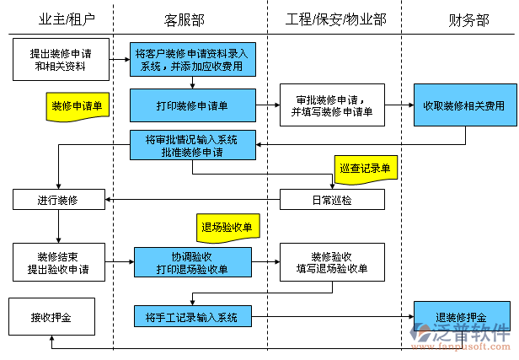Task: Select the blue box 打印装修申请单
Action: (192, 106)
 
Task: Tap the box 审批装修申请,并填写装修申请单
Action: (332, 105)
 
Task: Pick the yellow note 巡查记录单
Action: (365, 169)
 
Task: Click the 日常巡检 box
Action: (332, 200)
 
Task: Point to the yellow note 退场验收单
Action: (227, 226)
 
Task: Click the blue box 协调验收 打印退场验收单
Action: (192, 262)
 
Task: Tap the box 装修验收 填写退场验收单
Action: (332, 262)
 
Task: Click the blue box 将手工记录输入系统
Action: (192, 317)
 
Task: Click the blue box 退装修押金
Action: (462, 317)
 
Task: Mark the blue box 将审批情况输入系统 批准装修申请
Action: (192, 145)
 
